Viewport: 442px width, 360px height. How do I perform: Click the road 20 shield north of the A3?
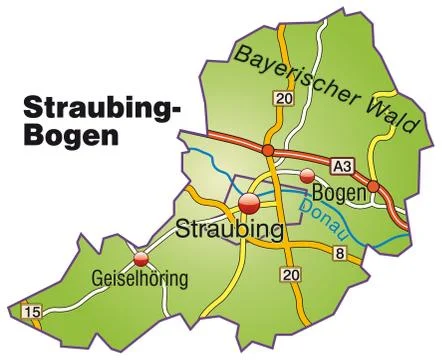[286, 98]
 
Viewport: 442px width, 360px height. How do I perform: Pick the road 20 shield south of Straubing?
[291, 274]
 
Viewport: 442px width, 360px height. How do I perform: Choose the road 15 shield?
[32, 313]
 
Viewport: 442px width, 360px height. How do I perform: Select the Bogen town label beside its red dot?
[336, 191]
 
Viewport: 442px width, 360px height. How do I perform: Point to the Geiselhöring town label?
[139, 279]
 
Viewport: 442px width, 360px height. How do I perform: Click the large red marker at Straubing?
[249, 203]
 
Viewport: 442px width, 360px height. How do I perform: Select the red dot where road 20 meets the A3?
[268, 150]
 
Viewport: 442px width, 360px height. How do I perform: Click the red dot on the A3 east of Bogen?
[372, 185]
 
